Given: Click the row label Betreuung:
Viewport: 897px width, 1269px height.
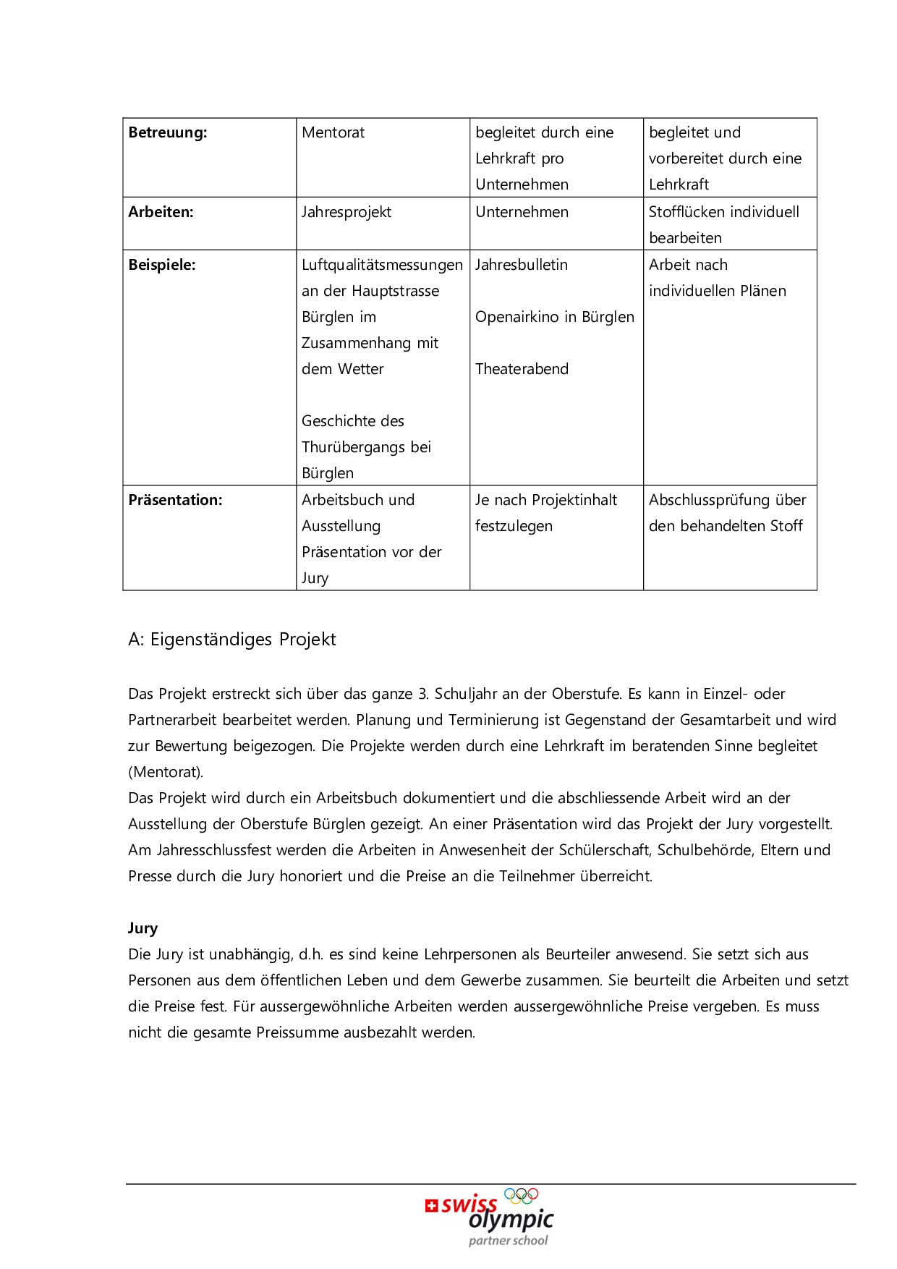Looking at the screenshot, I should tap(168, 132).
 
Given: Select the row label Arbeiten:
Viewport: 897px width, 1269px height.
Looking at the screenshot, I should tap(161, 212).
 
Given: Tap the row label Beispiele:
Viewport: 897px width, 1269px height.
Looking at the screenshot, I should tap(162, 265).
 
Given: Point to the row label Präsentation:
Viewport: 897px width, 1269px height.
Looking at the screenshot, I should tap(175, 500).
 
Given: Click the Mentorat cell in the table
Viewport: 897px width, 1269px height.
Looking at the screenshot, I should tap(333, 132).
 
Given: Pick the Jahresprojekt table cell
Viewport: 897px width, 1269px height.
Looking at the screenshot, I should tap(347, 212).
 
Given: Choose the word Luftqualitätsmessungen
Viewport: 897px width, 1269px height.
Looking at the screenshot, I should tap(382, 265).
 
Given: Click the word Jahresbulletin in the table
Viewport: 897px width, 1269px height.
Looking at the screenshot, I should tap(522, 265).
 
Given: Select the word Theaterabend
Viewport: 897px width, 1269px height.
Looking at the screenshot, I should tap(522, 369).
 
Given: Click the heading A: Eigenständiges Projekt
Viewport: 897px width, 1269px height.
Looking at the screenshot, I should tap(232, 640).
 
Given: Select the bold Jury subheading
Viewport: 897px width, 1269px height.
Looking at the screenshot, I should tap(143, 928).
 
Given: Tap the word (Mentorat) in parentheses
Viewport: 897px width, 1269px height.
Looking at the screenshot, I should tap(166, 772).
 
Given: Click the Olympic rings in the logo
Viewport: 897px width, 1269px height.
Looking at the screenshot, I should tap(522, 1196).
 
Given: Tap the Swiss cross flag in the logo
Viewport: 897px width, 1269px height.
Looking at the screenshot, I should tap(432, 1205).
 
